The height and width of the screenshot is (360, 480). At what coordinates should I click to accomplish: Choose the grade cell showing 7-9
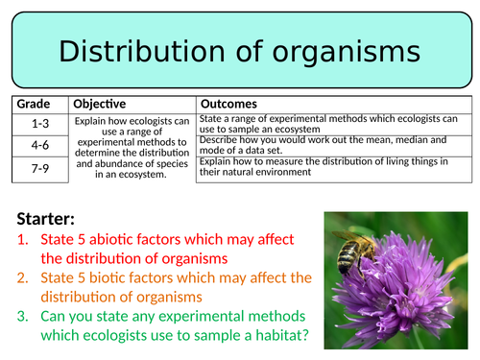[37, 166]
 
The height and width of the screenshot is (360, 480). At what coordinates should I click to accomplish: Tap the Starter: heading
[45, 218]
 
